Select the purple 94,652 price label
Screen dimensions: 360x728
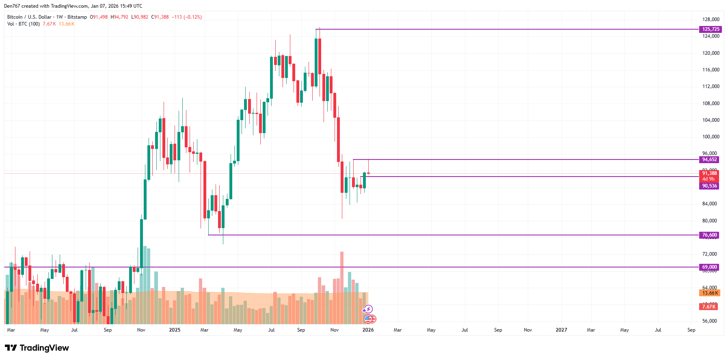coord(709,160)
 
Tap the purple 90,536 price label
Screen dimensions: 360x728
coord(709,186)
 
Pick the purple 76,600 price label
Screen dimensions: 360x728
coord(709,235)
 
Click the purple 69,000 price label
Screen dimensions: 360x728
coord(709,267)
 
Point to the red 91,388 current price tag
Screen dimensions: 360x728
coord(709,173)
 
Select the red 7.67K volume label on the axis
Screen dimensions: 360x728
coord(709,307)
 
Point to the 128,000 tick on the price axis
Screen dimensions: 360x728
coord(711,19)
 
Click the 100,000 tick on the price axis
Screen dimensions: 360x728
coord(711,137)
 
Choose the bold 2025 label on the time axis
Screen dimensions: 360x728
coord(175,330)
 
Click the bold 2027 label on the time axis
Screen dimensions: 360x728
coord(561,330)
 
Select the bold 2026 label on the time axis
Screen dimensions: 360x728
coord(368,330)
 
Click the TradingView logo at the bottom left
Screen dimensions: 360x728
coord(37,348)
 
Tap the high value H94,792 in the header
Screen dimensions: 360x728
coord(119,17)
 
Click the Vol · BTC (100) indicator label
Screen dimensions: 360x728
coord(24,24)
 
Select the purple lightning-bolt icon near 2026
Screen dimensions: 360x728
coord(368,309)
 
